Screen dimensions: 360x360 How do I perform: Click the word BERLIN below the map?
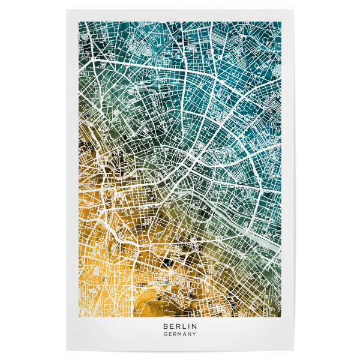coord(179,327)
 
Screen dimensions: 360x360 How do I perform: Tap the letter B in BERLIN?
coord(165,327)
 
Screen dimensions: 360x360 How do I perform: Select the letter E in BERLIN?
coord(171,327)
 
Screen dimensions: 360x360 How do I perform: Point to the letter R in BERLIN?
coord(177,327)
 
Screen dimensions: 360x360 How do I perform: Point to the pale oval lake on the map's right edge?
coord(277,68)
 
